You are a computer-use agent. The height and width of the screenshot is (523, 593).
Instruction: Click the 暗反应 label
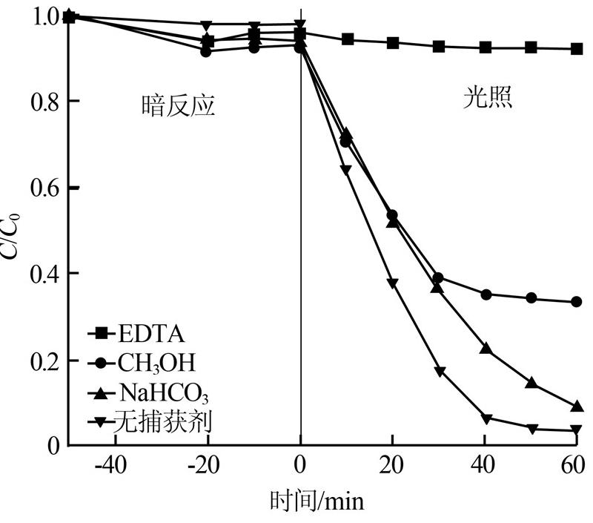click(178, 106)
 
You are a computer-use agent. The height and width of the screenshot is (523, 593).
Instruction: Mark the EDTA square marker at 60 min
click(576, 49)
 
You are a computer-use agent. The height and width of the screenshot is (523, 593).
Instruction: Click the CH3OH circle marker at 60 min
click(576, 302)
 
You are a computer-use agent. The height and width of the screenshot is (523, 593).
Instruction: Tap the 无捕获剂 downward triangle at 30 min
click(440, 372)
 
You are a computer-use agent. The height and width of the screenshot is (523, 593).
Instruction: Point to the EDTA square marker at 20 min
click(393, 43)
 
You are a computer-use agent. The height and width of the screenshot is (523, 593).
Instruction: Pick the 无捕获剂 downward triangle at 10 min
click(346, 171)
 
